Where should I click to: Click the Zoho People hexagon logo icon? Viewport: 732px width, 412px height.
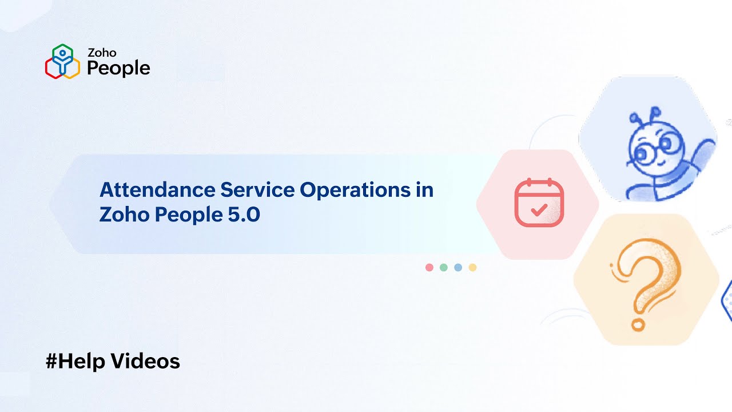pos(62,61)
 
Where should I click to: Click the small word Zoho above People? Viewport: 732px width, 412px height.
pos(102,53)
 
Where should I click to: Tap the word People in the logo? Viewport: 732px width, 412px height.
pos(118,68)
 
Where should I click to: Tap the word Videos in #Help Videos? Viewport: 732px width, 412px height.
pos(145,361)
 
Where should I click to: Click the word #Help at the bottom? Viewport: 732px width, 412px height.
pos(75,361)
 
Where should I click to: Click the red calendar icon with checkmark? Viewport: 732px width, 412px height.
pos(539,203)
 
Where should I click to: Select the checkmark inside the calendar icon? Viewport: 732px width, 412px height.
pos(539,209)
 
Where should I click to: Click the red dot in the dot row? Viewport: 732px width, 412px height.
pos(429,267)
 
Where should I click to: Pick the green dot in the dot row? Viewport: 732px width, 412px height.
pos(444,267)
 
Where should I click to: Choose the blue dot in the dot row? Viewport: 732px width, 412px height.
pos(458,267)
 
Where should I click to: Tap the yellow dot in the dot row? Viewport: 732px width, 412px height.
pos(472,267)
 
